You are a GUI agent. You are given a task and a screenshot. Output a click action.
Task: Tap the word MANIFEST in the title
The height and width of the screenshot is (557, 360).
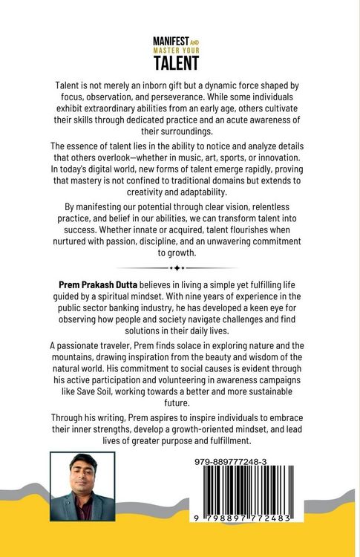(170, 42)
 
